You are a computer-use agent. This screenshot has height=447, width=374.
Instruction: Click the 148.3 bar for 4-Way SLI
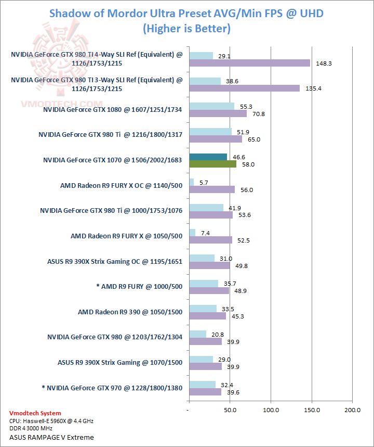pos(249,63)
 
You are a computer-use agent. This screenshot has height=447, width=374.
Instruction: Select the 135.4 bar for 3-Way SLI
pos(244,88)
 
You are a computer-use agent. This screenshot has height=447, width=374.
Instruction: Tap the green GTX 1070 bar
pos(213,164)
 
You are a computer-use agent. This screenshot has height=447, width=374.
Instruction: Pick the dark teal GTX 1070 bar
pos(208,157)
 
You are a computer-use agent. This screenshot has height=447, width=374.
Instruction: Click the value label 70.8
pos(258,113)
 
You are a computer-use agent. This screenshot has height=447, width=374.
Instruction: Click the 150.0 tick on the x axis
pos(312,410)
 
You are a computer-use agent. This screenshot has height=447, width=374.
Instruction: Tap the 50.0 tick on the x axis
pos(230,410)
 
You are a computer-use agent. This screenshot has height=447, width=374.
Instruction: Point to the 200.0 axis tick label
pos(352,410)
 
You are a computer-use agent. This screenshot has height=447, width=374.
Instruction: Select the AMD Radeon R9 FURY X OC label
pos(121,185)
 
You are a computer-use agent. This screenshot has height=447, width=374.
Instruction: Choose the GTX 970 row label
pos(112,387)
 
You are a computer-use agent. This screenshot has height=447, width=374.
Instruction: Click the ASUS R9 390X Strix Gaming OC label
pos(115,261)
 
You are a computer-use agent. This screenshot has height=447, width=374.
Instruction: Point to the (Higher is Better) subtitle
pos(186,29)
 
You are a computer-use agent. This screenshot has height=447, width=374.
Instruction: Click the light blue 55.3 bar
pos(212,106)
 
